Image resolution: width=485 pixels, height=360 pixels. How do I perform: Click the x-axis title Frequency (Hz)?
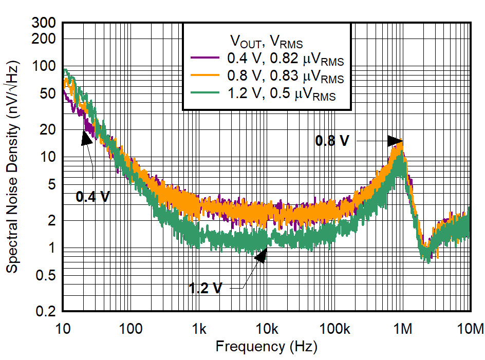[266, 347]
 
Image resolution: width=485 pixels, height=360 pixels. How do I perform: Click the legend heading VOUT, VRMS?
[266, 41]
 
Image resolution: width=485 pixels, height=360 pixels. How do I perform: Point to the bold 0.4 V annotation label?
[92, 196]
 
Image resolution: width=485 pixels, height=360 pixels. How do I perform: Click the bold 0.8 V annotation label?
[332, 141]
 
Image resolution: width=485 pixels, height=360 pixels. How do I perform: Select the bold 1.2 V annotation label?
[206, 288]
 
